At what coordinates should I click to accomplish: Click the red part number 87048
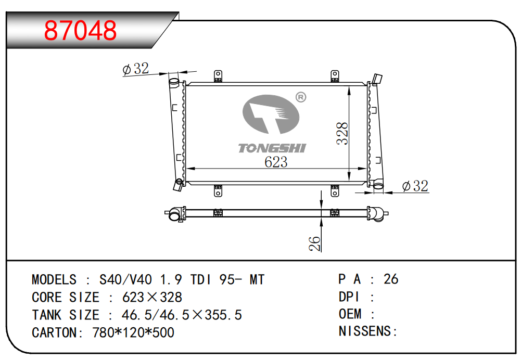[80, 31]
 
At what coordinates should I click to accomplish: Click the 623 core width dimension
[276, 162]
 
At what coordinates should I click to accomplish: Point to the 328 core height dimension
[342, 133]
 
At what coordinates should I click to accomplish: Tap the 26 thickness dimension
[314, 243]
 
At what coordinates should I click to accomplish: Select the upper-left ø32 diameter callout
[135, 69]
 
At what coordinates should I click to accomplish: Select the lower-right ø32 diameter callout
[415, 186]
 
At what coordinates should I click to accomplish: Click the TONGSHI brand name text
[272, 148]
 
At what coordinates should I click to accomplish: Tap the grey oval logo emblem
[271, 114]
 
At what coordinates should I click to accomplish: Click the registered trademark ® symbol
[301, 97]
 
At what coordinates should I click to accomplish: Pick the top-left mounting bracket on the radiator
[218, 76]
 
